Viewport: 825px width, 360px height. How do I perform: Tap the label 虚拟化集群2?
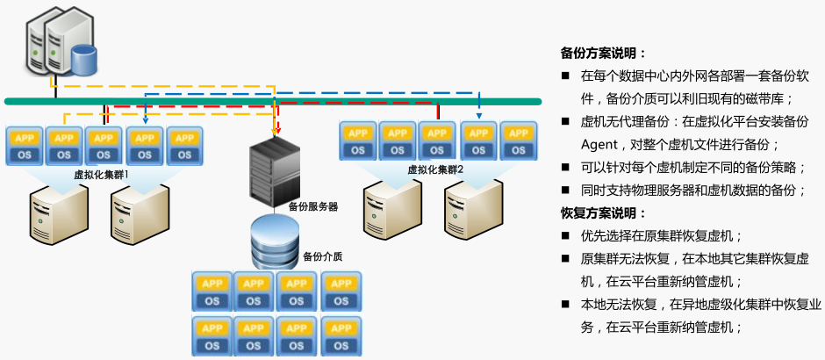(435, 169)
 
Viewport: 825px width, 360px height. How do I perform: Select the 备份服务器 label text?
(313, 206)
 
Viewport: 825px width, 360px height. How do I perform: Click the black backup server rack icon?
(274, 172)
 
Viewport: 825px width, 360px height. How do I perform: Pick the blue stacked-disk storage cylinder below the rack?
(274, 240)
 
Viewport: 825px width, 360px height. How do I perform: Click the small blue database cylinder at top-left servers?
(84, 60)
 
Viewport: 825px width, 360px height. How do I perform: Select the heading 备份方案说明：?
(603, 53)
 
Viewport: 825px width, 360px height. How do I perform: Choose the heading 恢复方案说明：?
(603, 213)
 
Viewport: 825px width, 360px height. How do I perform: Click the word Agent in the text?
(599, 144)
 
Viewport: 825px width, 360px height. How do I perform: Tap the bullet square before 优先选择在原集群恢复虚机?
(566, 236)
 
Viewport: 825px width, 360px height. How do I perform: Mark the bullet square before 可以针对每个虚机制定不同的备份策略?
(566, 167)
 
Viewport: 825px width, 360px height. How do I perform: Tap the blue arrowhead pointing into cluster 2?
(479, 114)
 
